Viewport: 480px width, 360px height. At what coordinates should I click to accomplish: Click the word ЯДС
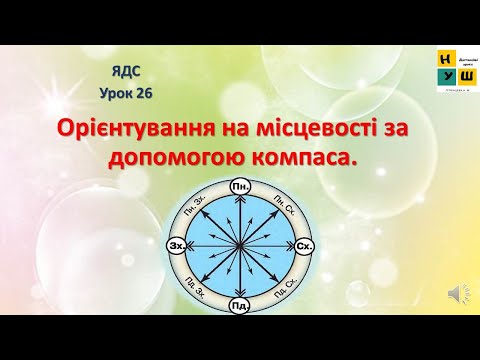point(127,72)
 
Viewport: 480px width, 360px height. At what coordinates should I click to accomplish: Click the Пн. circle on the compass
point(239,187)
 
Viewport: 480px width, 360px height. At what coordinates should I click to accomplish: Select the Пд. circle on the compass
point(239,304)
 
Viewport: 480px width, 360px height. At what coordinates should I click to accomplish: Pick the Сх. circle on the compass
point(305,245)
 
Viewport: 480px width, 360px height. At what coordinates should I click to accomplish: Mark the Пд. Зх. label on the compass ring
point(197,288)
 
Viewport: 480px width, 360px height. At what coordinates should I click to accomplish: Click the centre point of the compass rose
point(239,246)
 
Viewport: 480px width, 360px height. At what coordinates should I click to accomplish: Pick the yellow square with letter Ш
point(466,78)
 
